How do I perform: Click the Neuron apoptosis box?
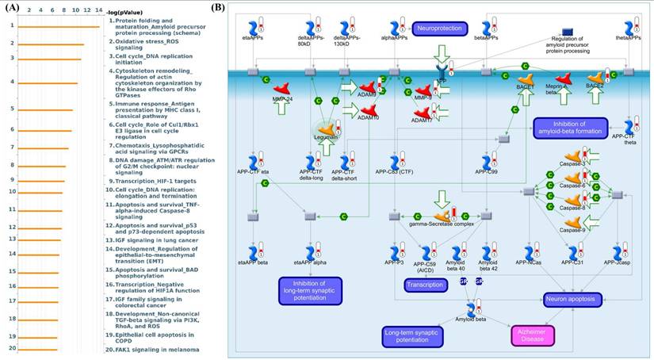click(572, 299)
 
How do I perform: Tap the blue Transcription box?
click(426, 285)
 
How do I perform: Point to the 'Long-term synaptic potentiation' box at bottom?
click(417, 337)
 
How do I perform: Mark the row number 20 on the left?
click(13, 348)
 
